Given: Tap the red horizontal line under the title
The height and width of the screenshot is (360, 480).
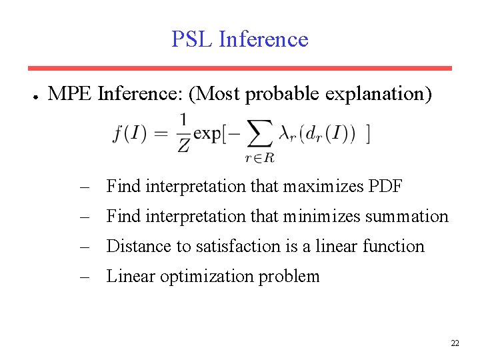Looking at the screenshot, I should click(x=239, y=68).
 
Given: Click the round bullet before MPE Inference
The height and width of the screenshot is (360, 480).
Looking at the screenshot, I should click(x=34, y=95).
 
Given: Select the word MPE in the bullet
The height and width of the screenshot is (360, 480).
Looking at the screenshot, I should click(x=71, y=94).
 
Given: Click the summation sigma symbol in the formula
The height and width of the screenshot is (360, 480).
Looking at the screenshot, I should click(x=259, y=133).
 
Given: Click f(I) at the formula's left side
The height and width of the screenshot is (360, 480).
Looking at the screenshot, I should click(x=129, y=133).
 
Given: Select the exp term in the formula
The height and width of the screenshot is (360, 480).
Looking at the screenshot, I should click(x=206, y=134).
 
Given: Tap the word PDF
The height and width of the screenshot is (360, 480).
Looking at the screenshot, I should click(x=385, y=186).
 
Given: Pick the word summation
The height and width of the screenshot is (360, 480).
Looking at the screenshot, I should click(x=409, y=216).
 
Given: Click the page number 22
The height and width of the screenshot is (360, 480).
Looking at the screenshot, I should click(x=455, y=343).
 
